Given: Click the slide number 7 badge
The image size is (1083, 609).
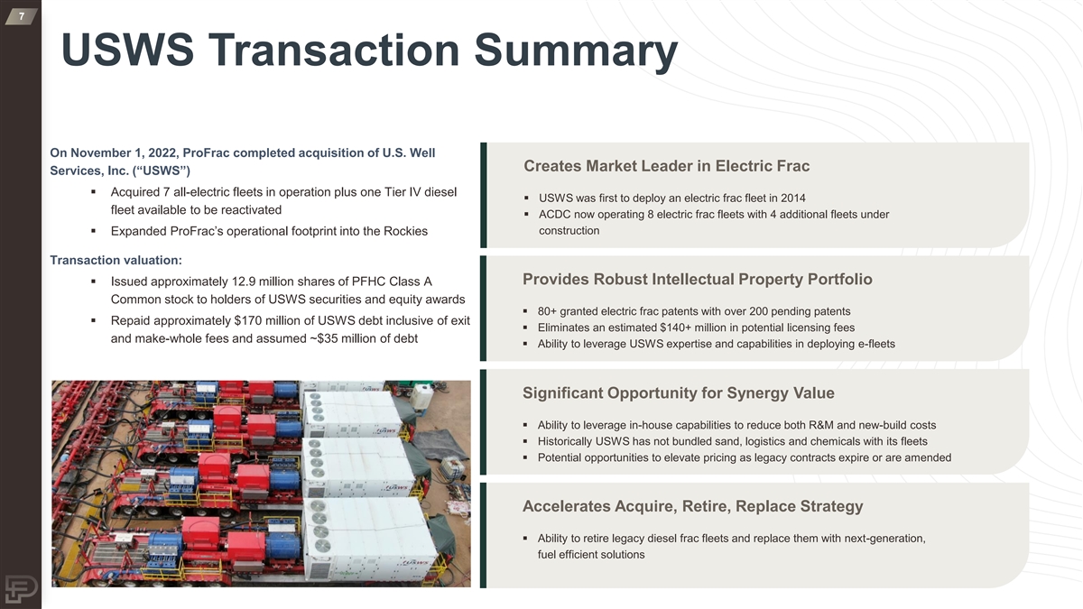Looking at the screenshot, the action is tap(22, 16).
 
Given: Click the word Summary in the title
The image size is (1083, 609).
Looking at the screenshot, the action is tap(576, 51).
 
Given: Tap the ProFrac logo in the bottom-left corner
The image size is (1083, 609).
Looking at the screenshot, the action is tap(22, 589).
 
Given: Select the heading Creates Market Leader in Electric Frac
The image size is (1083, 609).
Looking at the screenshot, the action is tap(667, 166).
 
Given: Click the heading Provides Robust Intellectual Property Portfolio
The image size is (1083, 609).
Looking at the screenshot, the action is tap(697, 279).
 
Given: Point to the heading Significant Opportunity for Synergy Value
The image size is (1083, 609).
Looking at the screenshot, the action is tap(679, 392).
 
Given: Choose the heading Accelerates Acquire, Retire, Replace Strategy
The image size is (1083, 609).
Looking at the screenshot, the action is tap(692, 506).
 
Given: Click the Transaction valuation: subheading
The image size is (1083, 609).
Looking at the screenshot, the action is tap(116, 260).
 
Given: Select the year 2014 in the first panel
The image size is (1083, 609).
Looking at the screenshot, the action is tap(793, 198).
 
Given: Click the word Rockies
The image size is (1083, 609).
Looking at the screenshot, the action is tap(405, 231).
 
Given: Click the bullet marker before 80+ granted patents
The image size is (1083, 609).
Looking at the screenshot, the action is tap(525, 311).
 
